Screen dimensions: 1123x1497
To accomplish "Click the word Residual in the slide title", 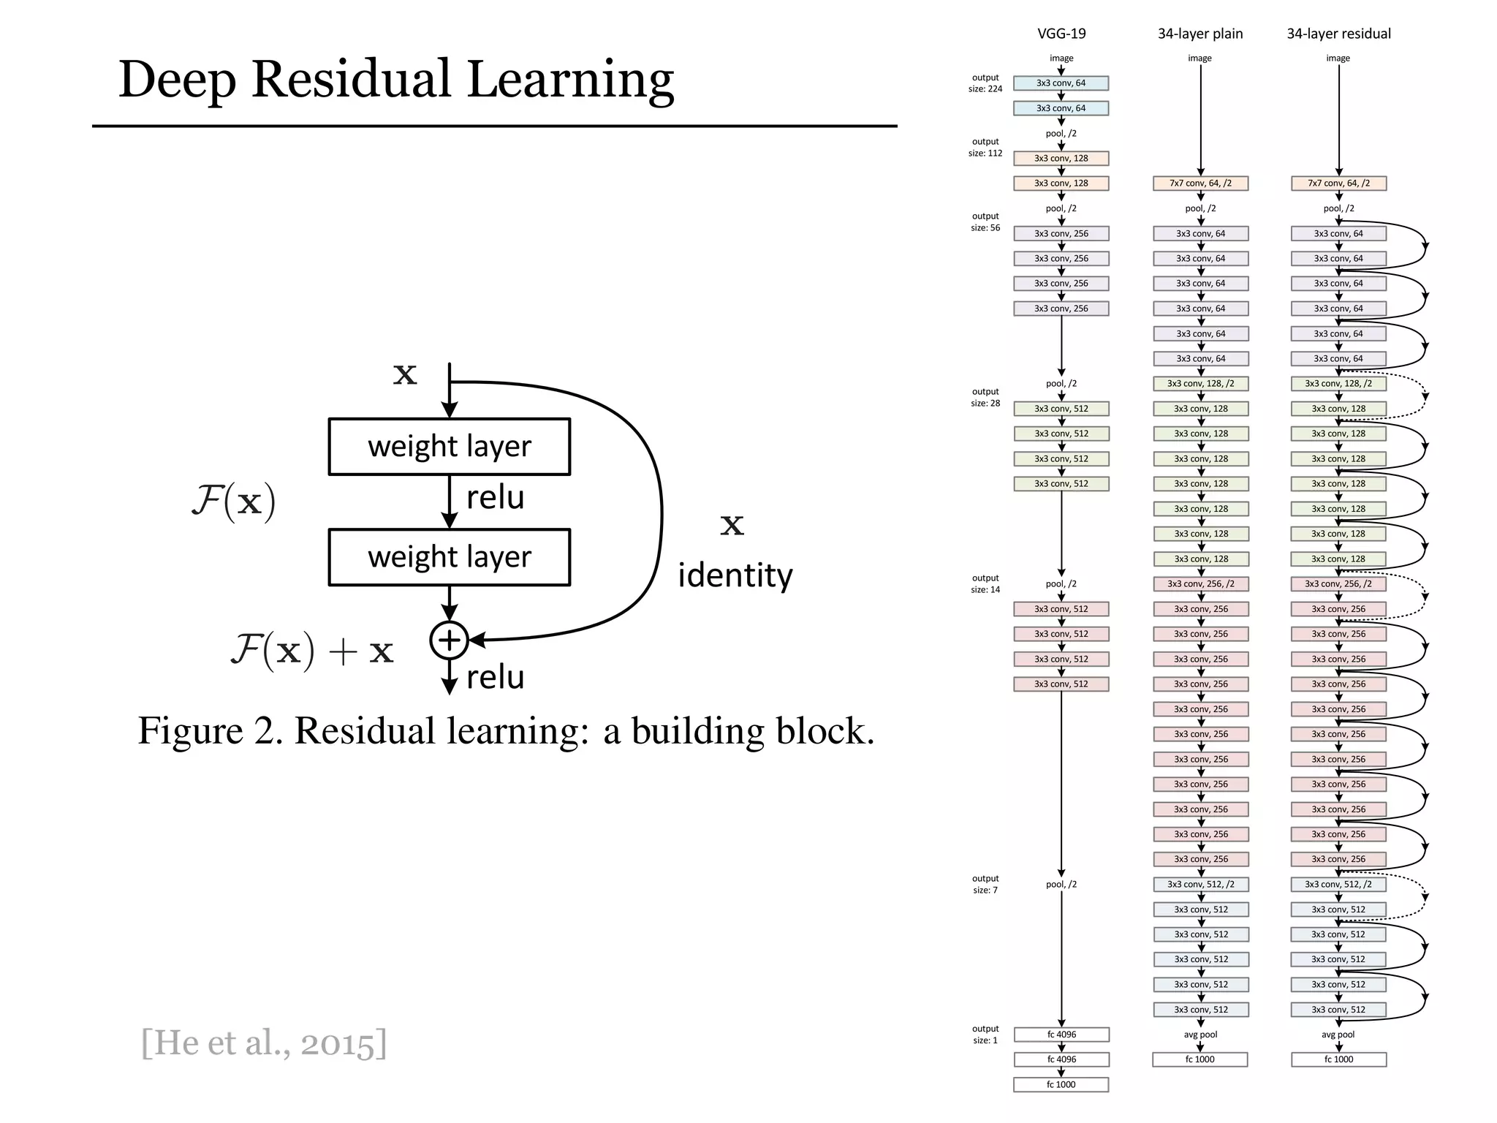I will pyautogui.click(x=352, y=79).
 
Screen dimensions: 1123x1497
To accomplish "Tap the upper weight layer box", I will pyautogui.click(x=449, y=447).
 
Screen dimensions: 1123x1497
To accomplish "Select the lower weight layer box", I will pyautogui.click(x=449, y=557).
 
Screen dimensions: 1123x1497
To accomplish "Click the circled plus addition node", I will pyautogui.click(x=449, y=640).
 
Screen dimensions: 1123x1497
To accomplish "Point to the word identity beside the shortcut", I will pyautogui.click(x=735, y=575).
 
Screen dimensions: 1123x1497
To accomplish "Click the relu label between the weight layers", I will pyautogui.click(x=496, y=498).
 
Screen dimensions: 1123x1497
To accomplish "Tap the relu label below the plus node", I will pyautogui.click(x=496, y=678).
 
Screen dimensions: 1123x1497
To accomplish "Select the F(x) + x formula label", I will pyautogui.click(x=312, y=650).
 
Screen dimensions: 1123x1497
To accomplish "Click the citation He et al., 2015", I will pyautogui.click(x=264, y=1043).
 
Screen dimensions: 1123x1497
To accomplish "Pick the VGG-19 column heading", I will pyautogui.click(x=1061, y=34).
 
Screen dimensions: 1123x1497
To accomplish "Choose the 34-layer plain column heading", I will pyautogui.click(x=1200, y=34).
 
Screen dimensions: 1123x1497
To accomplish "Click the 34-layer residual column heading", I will pyautogui.click(x=1338, y=34).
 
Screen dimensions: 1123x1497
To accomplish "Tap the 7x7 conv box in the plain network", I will pyautogui.click(x=1200, y=184).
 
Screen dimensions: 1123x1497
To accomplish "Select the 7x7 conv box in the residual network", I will pyautogui.click(x=1338, y=184).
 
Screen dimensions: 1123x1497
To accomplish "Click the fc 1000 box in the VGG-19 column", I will pyautogui.click(x=1061, y=1084).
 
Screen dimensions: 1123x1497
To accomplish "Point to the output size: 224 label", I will pyautogui.click(x=985, y=83).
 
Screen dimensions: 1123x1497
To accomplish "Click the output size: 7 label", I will pyautogui.click(x=985, y=884).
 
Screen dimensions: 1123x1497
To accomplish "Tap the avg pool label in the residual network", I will pyautogui.click(x=1338, y=1035).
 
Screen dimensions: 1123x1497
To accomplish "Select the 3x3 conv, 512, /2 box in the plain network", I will pyautogui.click(x=1200, y=885).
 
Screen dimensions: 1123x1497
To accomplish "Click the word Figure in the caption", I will pyautogui.click(x=190, y=731).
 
